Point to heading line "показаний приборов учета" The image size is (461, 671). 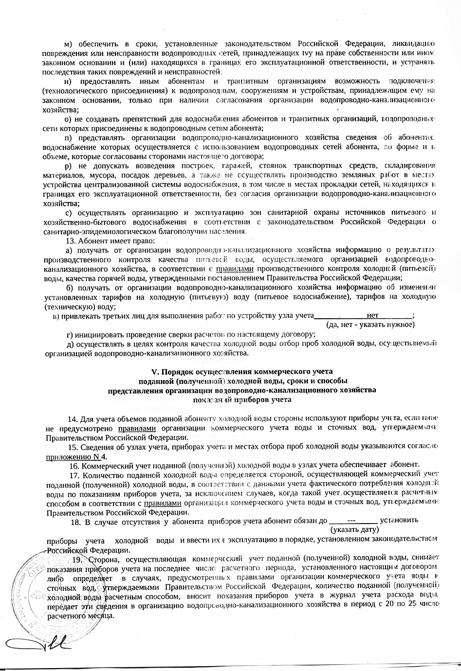point(242,400)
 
